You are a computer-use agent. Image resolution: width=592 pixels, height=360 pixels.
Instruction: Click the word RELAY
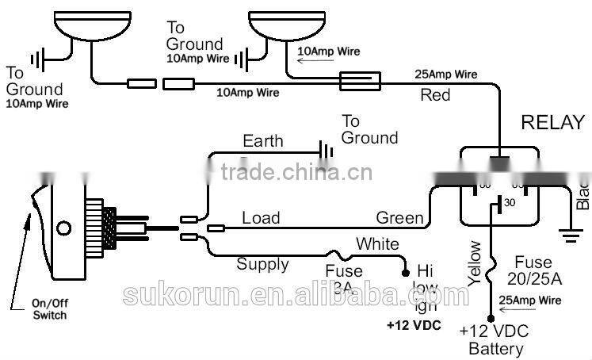point(552,123)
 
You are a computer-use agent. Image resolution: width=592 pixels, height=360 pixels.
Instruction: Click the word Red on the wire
point(435,95)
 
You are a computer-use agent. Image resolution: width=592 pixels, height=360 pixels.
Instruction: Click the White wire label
point(377,243)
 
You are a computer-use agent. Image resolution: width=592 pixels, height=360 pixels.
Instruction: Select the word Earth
point(262,141)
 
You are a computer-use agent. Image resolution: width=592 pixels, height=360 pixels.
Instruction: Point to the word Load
point(261,217)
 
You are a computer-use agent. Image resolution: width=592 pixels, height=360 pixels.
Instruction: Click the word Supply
point(263,264)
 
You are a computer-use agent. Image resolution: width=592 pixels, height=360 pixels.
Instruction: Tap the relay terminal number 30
point(509,201)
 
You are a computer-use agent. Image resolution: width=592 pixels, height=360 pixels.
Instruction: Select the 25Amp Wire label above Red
point(446,75)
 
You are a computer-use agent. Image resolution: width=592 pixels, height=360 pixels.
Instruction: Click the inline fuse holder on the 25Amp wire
point(361,80)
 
